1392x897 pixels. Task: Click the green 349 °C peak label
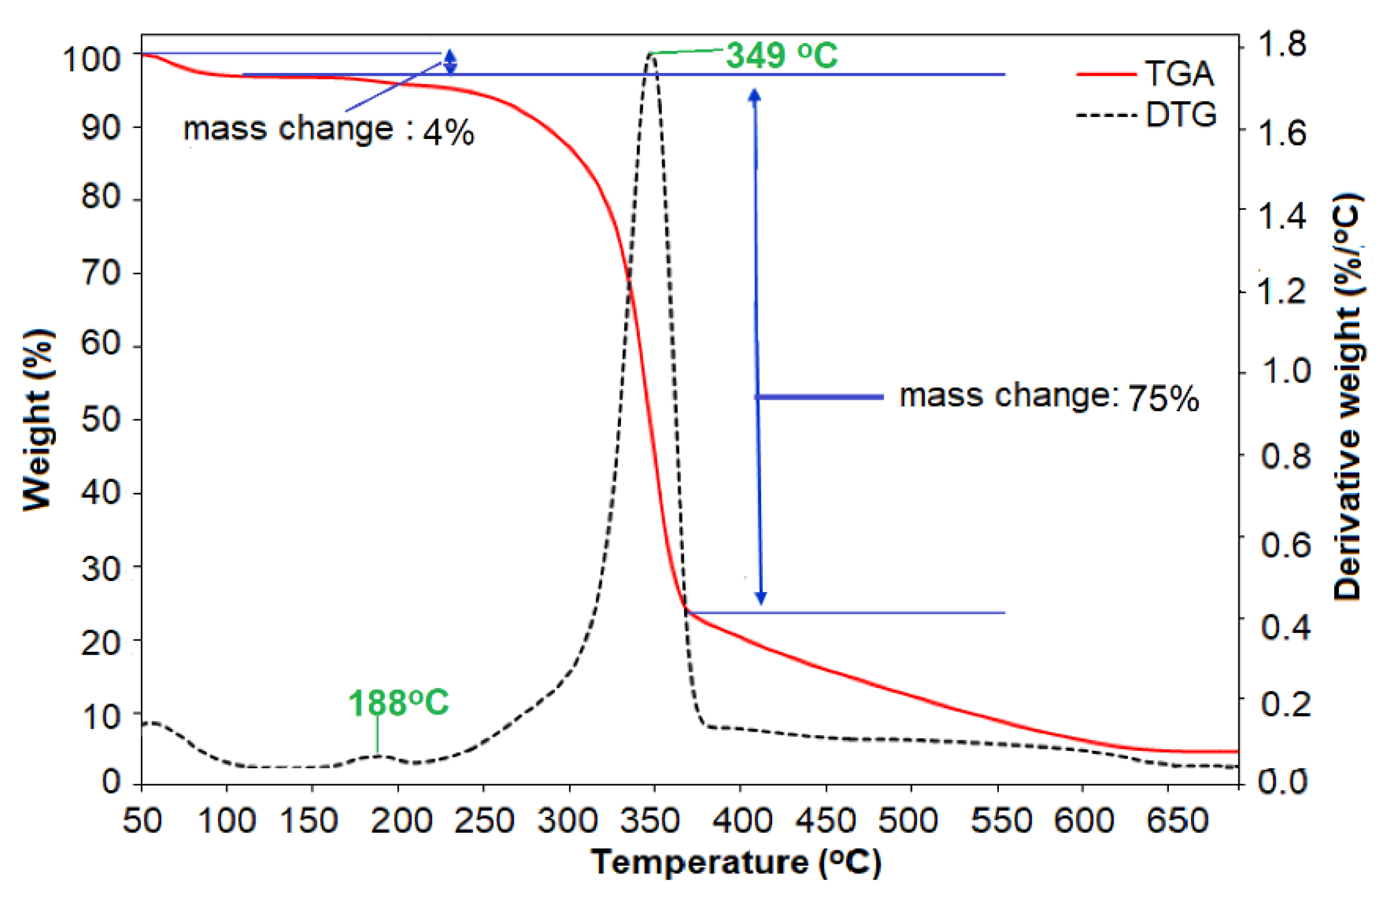point(782,57)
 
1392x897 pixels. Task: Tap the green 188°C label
point(398,703)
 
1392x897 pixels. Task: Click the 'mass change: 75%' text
point(1049,397)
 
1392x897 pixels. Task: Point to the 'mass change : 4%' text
point(328,130)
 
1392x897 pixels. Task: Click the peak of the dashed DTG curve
point(650,55)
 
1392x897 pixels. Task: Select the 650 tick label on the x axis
point(1177,820)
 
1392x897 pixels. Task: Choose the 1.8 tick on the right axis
point(1282,44)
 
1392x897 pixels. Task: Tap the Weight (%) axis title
point(38,419)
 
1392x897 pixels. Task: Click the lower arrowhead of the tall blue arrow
point(761,598)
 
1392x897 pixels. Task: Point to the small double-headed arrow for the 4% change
point(450,62)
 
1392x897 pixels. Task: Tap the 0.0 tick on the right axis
point(1282,781)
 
